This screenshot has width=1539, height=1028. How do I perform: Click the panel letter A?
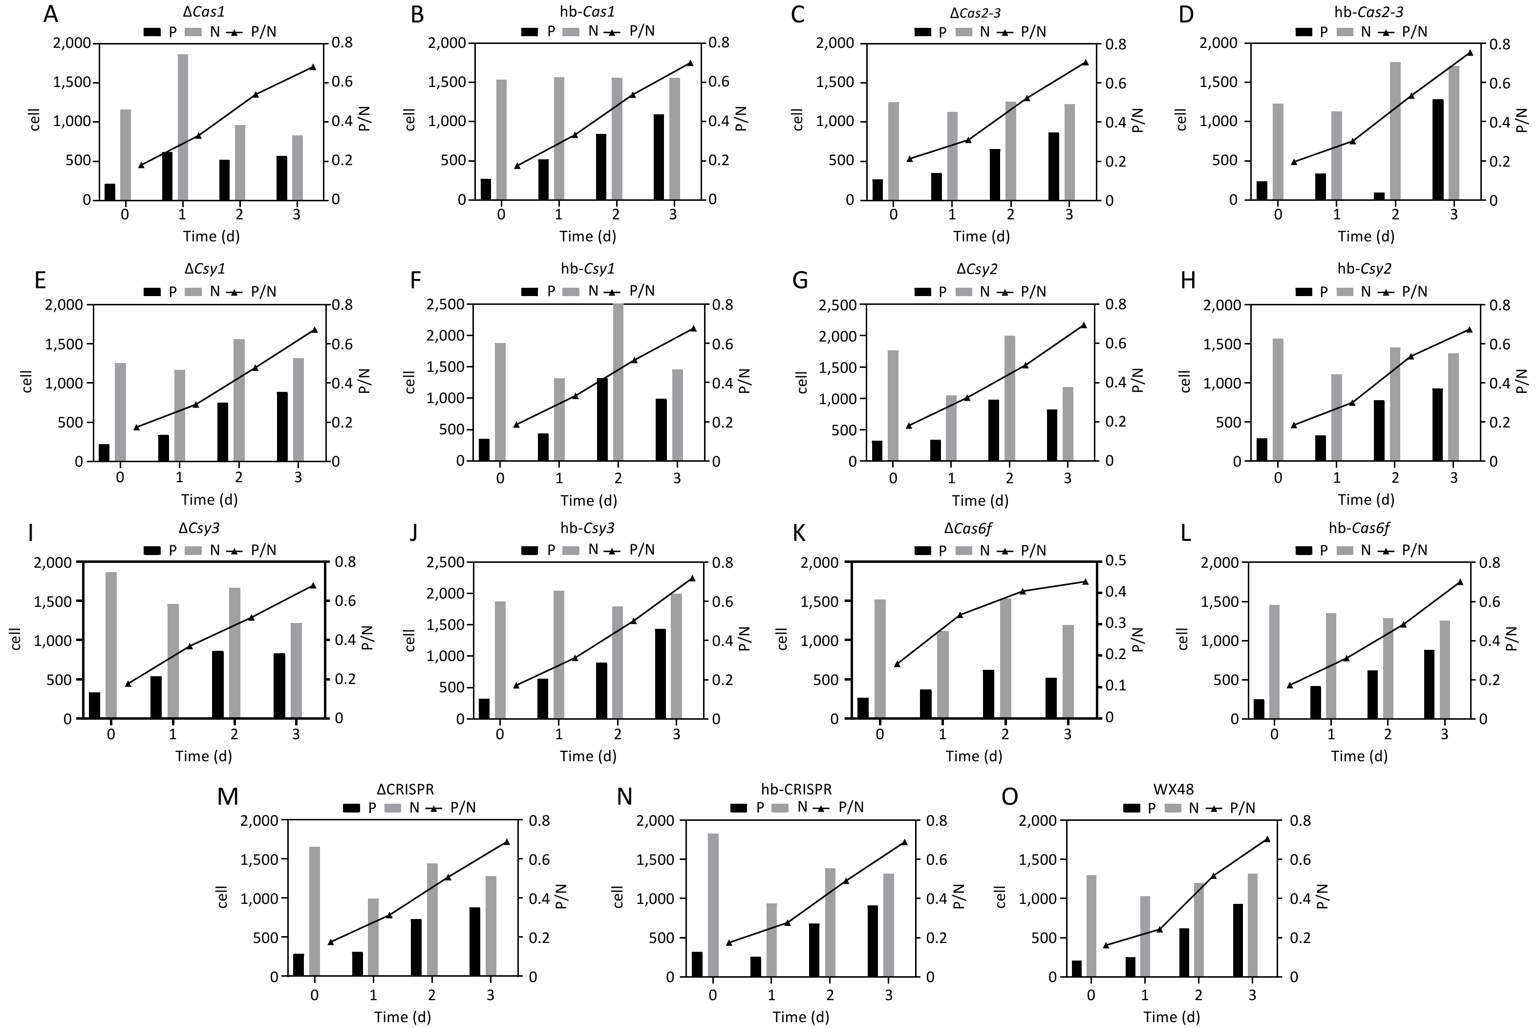[x=50, y=15]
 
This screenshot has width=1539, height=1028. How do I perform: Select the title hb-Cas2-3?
[x=1362, y=12]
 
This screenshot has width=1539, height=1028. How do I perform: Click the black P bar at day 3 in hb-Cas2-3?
[x=1438, y=150]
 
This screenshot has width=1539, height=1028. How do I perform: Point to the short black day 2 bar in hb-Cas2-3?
[x=1379, y=196]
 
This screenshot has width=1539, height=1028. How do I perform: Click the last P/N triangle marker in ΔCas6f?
[x=1084, y=581]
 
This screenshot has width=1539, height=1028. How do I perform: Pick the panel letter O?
[x=1010, y=796]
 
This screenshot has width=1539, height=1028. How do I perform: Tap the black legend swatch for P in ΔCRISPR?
[x=352, y=808]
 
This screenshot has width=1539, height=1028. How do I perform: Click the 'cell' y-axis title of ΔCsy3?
[x=17, y=639]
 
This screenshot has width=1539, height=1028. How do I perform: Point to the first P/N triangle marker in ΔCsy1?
[x=136, y=428]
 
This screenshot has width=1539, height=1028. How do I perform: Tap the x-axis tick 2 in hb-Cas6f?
[x=1388, y=734]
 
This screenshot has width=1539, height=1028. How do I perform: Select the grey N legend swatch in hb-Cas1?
[x=572, y=31]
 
